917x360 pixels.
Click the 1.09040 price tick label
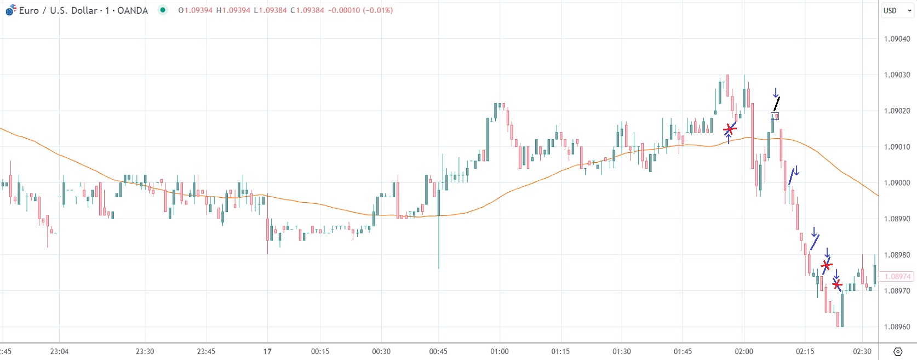[x=897, y=39]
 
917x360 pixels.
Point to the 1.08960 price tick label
[x=897, y=327]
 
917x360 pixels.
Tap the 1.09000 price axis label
[x=897, y=183]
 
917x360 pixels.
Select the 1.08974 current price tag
[x=897, y=277]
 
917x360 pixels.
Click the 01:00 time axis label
[x=499, y=351]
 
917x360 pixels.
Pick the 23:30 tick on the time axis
[x=145, y=351]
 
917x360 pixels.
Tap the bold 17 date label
[x=267, y=351]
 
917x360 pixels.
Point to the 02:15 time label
[x=805, y=351]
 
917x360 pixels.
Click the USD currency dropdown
[x=897, y=10]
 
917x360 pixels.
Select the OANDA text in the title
[x=133, y=10]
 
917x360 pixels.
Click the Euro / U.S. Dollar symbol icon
[x=10, y=10]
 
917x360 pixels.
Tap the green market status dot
[x=163, y=10]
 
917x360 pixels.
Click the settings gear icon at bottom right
[x=897, y=351]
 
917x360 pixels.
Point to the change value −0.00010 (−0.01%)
[x=360, y=10]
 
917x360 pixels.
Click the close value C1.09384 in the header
[x=307, y=10]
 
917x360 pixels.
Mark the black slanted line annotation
[x=776, y=104]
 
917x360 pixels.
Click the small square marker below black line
[x=775, y=116]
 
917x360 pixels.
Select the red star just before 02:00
[x=729, y=129]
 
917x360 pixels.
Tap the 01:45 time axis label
[x=683, y=351]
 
